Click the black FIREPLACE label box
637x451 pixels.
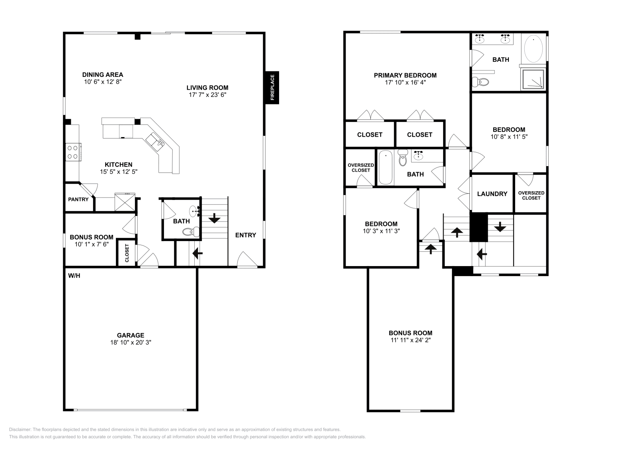pyautogui.click(x=273, y=88)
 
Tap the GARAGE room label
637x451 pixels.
pyautogui.click(x=131, y=335)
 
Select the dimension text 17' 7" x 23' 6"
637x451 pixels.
pyautogui.click(x=207, y=95)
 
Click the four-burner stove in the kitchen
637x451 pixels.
pyautogui.click(x=73, y=152)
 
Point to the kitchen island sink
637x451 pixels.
pyautogui.click(x=155, y=141)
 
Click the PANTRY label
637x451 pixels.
pyautogui.click(x=78, y=199)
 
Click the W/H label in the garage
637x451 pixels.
pyautogui.click(x=74, y=275)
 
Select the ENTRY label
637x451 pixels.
pyautogui.click(x=245, y=235)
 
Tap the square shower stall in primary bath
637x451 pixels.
pyautogui.click(x=532, y=80)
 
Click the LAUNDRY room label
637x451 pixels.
pyautogui.click(x=492, y=194)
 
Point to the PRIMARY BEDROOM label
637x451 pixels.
pyautogui.click(x=405, y=75)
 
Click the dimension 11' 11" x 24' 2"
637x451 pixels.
pyautogui.click(x=410, y=340)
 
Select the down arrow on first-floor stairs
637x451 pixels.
pyautogui.click(x=214, y=218)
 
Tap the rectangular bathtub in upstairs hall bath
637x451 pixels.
pyautogui.click(x=385, y=167)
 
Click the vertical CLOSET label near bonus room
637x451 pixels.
pyautogui.click(x=127, y=253)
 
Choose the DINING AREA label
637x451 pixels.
pyautogui.click(x=103, y=75)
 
